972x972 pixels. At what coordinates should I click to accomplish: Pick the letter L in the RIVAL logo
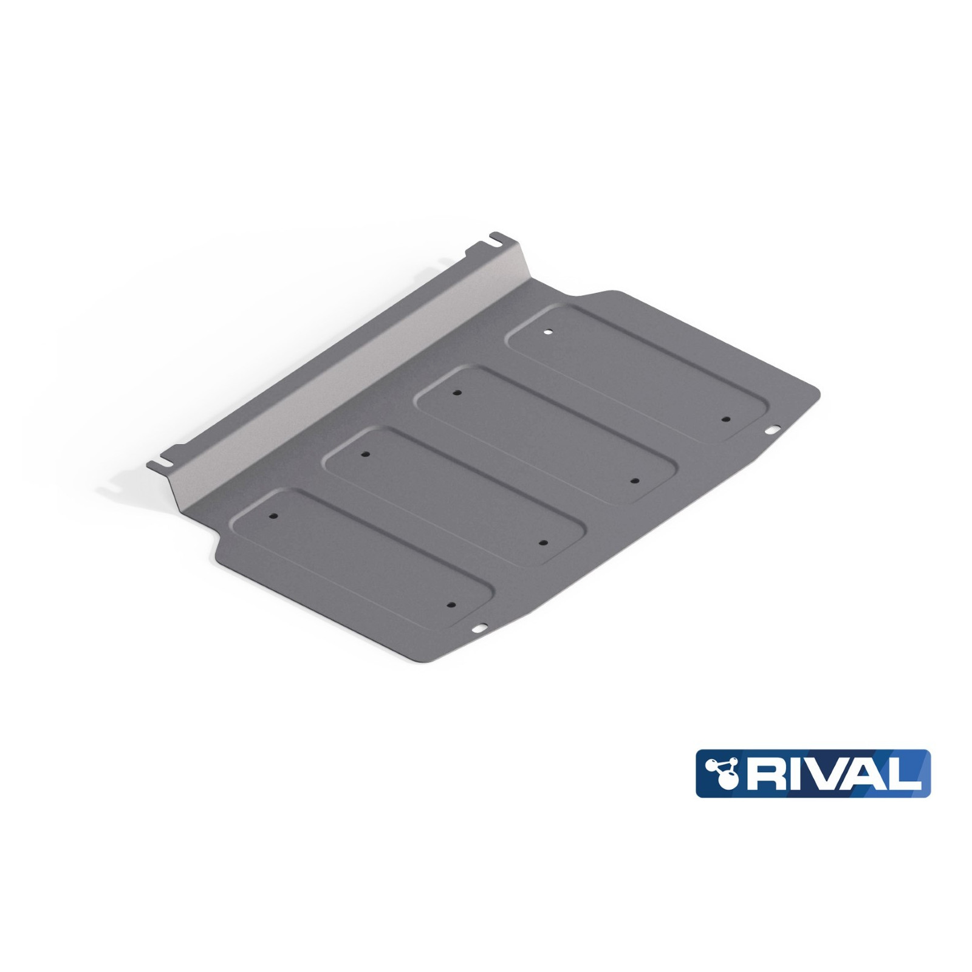900,773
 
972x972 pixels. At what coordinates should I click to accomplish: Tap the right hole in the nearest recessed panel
451,605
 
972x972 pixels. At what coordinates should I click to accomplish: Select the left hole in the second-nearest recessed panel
364,454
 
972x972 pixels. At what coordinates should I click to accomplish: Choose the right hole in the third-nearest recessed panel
634,481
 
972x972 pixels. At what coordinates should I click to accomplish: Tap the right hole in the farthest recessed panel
725,419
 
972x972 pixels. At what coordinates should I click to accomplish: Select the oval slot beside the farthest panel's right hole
772,430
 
